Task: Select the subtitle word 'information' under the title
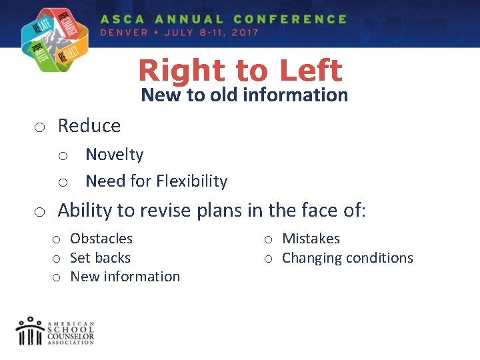(x=295, y=95)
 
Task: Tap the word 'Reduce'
(x=89, y=125)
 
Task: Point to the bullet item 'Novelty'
(x=115, y=155)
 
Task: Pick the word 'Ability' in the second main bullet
(x=85, y=211)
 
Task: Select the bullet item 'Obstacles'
(x=101, y=239)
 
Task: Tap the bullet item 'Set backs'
(x=100, y=257)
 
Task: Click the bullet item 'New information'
(x=125, y=276)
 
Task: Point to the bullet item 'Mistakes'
(x=311, y=239)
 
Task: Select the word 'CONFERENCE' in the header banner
(x=290, y=19)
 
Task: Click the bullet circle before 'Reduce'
(x=41, y=127)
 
